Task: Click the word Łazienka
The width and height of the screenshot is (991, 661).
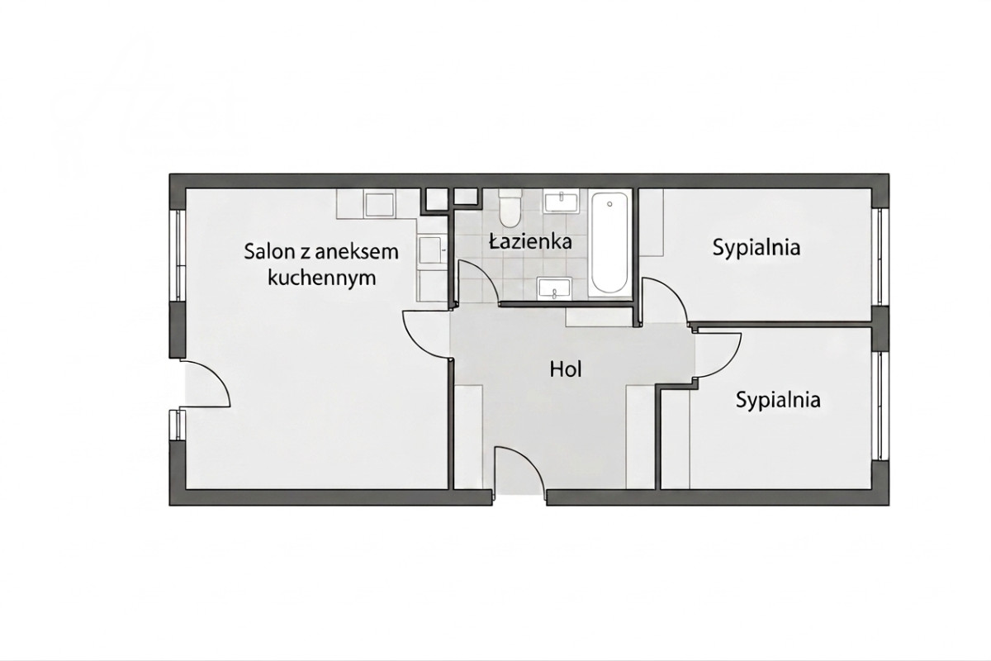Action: click(x=530, y=242)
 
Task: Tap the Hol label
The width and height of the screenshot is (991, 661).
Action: click(x=566, y=369)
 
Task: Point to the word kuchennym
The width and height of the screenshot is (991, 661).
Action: click(x=322, y=278)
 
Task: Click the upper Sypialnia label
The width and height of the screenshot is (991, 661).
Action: click(x=756, y=248)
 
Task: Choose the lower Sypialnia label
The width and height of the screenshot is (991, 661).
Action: click(x=778, y=400)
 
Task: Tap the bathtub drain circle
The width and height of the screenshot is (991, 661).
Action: click(x=609, y=204)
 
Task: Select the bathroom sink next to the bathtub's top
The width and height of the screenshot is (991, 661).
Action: click(x=562, y=202)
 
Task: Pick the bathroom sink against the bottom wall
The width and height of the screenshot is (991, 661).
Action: click(x=555, y=288)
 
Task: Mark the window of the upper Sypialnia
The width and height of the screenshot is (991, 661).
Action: click(x=881, y=256)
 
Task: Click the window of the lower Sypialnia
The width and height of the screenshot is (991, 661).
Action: click(x=881, y=407)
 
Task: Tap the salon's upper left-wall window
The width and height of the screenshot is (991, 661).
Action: click(x=178, y=255)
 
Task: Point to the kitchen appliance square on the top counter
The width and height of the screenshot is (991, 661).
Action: click(x=379, y=205)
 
